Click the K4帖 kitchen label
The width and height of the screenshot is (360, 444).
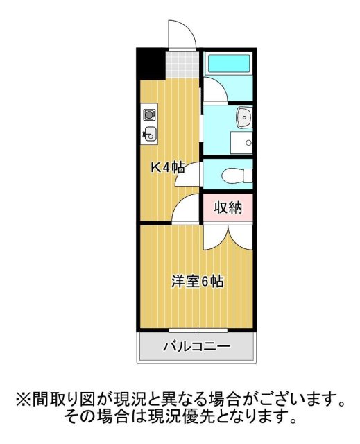pos(168,167)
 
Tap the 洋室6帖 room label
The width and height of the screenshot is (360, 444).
pos(198,282)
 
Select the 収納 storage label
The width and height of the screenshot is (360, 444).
pos(228,207)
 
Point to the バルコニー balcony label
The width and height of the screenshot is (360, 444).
pos(196,346)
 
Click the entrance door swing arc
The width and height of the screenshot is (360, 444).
pos(180,33)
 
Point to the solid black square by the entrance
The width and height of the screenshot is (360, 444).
pos(151,64)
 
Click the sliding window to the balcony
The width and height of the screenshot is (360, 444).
pos(197,329)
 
